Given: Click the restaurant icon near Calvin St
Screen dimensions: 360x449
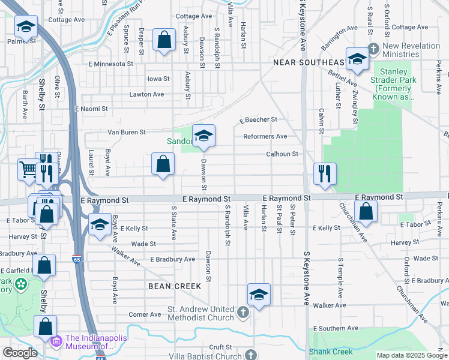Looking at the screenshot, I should (325, 174).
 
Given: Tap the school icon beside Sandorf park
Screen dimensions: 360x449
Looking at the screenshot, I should (203, 136).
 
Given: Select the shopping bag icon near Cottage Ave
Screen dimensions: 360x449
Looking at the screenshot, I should (164, 40).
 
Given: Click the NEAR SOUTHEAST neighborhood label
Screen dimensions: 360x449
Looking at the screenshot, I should (309, 62).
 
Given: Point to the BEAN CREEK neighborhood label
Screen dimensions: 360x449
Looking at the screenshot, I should (175, 286).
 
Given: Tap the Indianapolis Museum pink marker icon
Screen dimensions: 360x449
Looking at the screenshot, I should (56, 341).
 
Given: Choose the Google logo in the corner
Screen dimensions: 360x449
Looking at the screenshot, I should (20, 353).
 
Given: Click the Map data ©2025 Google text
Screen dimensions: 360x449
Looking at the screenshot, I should (411, 355).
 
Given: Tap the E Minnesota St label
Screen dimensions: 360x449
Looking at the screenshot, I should (110, 64).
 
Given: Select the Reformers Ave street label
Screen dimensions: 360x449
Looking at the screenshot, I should (265, 136).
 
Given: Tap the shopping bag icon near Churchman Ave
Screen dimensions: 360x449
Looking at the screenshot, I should (366, 211).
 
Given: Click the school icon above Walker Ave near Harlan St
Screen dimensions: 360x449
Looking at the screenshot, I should (259, 294).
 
